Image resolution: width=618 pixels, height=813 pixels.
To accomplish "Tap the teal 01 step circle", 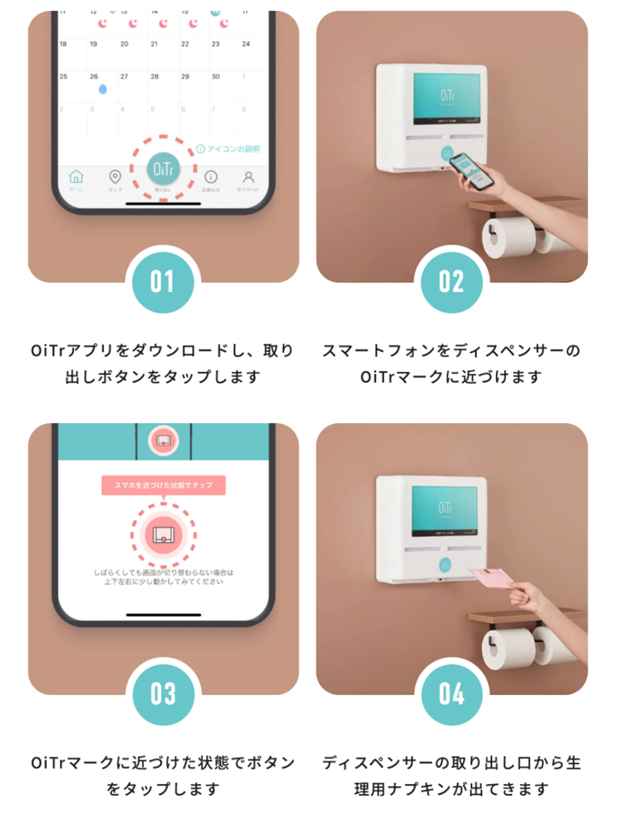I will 163,282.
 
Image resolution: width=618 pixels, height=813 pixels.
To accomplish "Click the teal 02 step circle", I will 451,282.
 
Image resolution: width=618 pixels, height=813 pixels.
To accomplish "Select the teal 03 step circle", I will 163,694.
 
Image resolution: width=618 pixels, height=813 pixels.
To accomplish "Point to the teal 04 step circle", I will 451,694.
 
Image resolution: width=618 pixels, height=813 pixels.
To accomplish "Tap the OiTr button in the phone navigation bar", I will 163,169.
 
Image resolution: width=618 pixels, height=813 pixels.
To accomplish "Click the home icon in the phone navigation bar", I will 76,177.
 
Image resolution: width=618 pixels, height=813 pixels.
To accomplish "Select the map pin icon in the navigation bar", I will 115,177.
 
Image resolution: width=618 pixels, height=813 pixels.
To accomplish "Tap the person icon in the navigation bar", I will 248,177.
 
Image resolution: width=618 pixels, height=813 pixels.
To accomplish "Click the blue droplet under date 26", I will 103,89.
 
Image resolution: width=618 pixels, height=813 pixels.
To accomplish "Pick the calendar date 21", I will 154,44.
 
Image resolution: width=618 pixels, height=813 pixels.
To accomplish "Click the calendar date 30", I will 216,77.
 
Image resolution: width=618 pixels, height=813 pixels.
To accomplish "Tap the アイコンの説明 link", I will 229,149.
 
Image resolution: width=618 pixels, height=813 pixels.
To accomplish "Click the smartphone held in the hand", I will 472,171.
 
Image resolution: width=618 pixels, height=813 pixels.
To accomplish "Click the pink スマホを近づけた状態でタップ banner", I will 163,485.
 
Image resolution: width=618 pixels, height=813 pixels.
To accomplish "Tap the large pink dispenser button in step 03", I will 163,535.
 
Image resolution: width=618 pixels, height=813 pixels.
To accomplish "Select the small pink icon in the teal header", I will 163,441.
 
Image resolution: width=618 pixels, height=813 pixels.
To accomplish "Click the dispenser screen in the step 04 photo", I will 445,511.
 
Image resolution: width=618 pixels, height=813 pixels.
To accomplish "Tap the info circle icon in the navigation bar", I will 211,177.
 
